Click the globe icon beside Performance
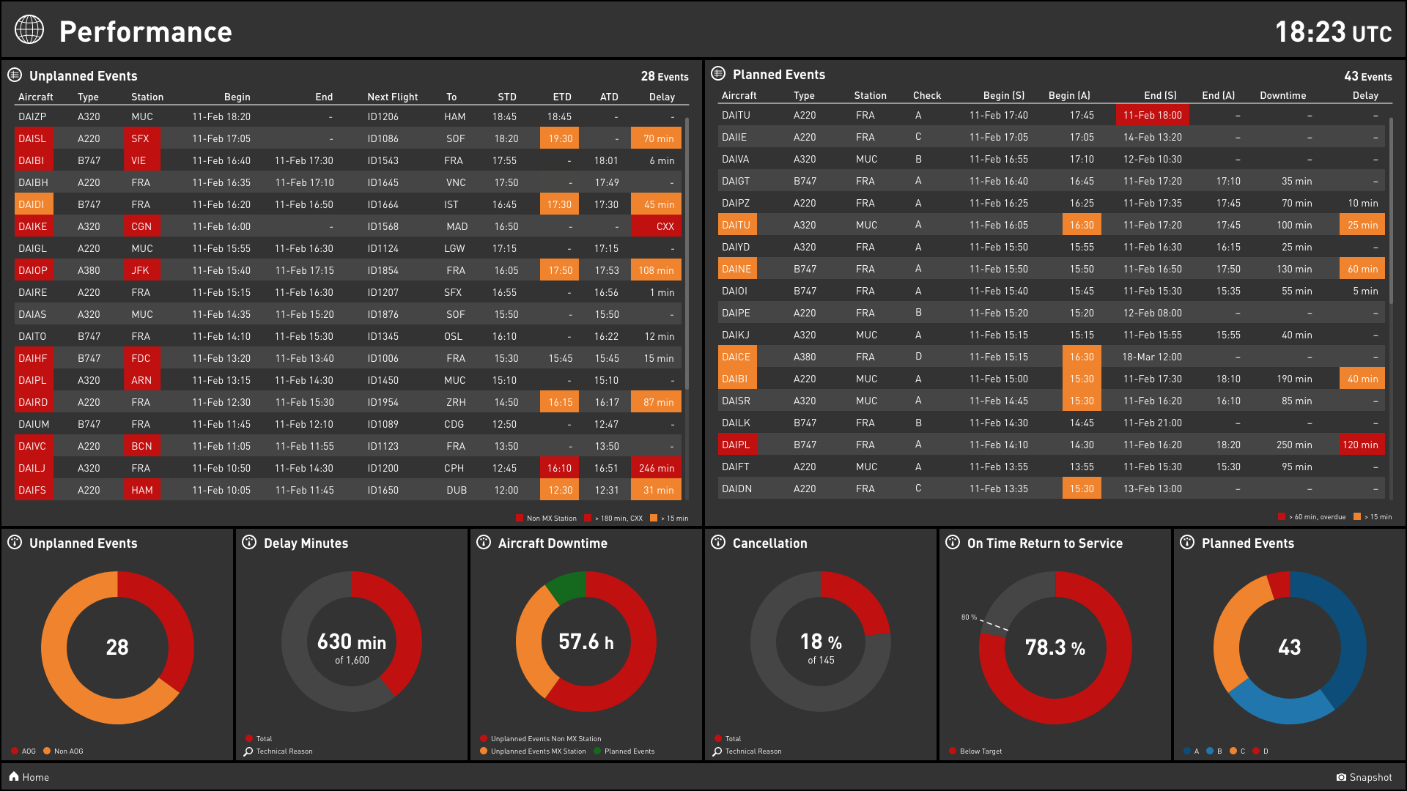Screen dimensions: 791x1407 pos(29,30)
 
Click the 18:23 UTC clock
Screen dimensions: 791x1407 pos(1332,32)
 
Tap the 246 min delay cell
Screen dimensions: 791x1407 pos(656,468)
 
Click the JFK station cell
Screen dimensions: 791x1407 pos(141,270)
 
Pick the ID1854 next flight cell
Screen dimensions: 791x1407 pos(383,270)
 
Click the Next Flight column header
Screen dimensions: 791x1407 pos(392,97)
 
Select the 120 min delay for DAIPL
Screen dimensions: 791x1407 pos(1359,445)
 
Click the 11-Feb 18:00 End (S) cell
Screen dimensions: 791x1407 pos(1152,115)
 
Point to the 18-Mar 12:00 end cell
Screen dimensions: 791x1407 pos(1152,357)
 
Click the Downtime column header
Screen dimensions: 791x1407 pos(1282,95)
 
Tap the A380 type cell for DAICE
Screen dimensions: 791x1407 pos(805,357)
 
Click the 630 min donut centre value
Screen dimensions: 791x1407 pos(352,642)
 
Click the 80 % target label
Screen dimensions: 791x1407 pos(969,617)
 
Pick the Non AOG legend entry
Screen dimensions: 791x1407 pos(68,751)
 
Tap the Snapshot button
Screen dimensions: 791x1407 pos(1364,777)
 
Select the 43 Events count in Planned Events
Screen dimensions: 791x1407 pos(1367,76)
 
